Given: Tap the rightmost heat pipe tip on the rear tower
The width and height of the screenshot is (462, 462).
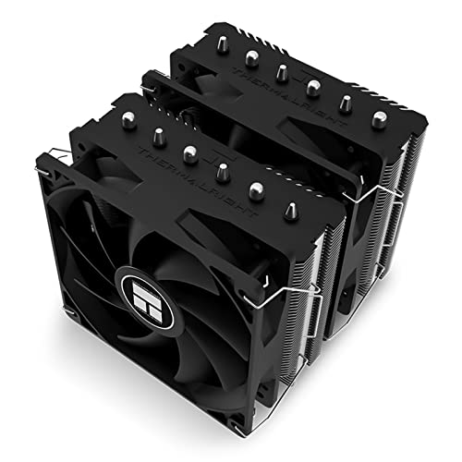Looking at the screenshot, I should point(378,119).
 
